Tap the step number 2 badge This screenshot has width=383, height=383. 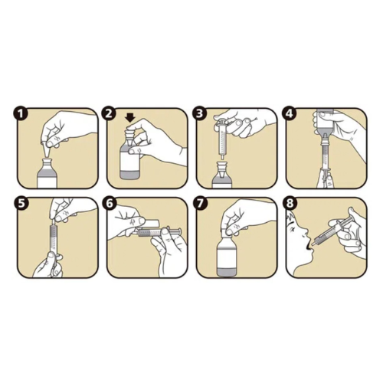pos(109,114)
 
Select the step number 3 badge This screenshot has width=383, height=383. pos(200,114)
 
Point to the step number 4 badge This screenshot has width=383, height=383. pos(290,114)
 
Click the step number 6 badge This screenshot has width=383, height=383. pos(109,204)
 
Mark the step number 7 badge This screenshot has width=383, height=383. pos(200,204)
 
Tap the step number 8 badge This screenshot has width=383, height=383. pos(290,204)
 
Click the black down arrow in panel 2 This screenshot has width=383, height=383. pos(131,118)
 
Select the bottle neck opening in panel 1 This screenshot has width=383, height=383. pos(47,160)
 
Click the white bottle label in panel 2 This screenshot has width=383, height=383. pos(129,162)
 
